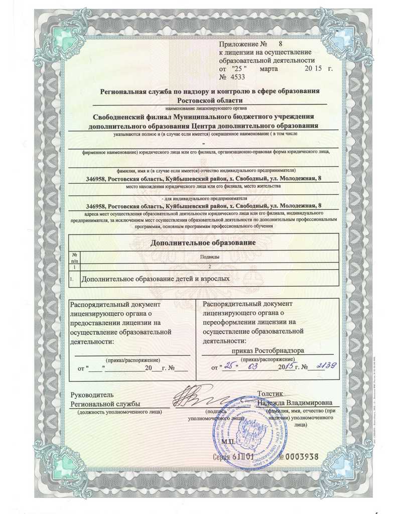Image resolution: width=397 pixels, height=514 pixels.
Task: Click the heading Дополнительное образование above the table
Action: (203, 242)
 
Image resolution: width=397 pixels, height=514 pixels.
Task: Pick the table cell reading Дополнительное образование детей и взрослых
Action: (156, 278)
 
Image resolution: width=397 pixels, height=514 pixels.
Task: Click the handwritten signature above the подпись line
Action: (201, 397)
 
